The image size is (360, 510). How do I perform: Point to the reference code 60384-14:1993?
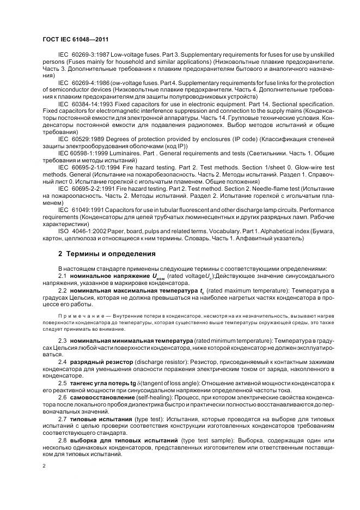(91, 103)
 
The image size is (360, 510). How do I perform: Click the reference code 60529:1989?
(87, 139)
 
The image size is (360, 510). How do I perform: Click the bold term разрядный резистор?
(100, 362)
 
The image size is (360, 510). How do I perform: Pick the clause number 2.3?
(63, 340)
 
